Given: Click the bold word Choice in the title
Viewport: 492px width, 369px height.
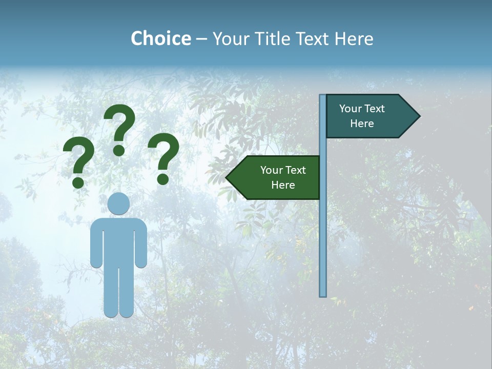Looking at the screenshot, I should [160, 39].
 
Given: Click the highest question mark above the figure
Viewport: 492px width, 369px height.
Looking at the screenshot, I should [119, 128].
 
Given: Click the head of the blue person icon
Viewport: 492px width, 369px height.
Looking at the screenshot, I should [119, 204].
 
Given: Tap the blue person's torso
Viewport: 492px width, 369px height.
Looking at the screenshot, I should [119, 241].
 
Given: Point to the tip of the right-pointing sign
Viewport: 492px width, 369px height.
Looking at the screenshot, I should [419, 116].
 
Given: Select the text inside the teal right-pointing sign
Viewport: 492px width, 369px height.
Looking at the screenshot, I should [362, 116].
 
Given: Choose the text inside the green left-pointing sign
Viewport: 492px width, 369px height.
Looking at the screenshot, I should [283, 177].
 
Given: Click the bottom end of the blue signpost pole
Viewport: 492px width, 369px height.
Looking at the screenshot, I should [323, 295].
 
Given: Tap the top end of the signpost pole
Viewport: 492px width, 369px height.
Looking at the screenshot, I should [323, 96].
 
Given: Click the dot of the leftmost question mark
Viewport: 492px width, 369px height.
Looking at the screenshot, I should [78, 182].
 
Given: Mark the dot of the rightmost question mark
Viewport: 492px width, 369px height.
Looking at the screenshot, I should [163, 179].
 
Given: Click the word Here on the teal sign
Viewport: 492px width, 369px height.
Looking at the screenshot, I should [362, 124].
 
